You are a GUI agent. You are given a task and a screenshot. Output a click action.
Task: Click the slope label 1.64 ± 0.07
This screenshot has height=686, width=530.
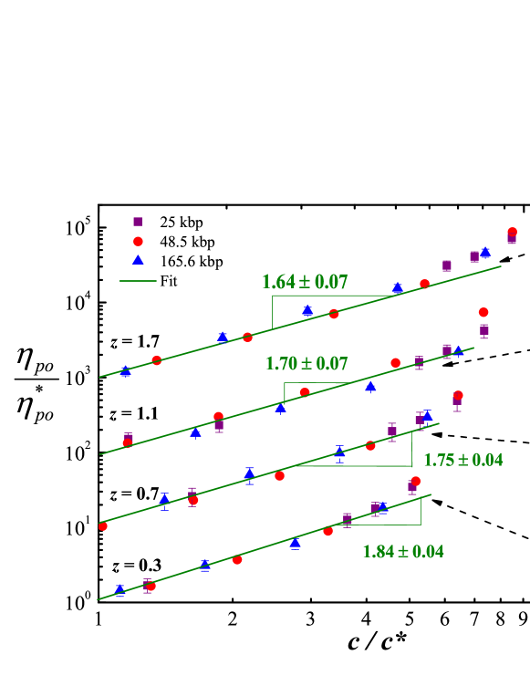305,283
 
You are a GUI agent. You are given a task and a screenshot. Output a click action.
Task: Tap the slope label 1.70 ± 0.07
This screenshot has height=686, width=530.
307,364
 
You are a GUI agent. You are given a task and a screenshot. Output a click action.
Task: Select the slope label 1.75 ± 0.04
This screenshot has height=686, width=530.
462,461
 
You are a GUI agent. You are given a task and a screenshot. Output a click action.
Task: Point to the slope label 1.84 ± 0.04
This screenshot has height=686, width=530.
402,552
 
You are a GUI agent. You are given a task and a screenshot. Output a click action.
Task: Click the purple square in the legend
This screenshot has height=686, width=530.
138,222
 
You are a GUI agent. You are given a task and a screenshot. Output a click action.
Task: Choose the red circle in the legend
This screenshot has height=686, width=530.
138,242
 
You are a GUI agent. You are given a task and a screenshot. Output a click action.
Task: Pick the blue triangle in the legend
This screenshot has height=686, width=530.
138,260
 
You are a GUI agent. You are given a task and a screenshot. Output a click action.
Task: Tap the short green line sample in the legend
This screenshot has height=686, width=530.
138,281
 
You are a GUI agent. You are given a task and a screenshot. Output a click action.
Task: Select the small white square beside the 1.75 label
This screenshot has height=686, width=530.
456,483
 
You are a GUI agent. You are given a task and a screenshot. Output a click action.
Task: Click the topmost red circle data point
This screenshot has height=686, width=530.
512,233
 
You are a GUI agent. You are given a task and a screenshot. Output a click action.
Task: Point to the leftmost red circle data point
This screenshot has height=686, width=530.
103,526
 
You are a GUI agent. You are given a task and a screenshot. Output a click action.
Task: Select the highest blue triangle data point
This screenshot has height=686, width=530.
485,253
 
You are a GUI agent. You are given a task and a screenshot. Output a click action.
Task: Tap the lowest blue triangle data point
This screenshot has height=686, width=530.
120,590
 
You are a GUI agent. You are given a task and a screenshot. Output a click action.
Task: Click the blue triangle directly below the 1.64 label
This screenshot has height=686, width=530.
307,310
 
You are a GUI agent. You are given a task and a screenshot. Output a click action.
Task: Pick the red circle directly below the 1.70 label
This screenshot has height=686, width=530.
305,392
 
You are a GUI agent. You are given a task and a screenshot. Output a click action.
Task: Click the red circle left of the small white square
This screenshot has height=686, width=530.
416,481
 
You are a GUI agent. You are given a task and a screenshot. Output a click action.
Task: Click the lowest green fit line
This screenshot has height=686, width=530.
265,547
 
